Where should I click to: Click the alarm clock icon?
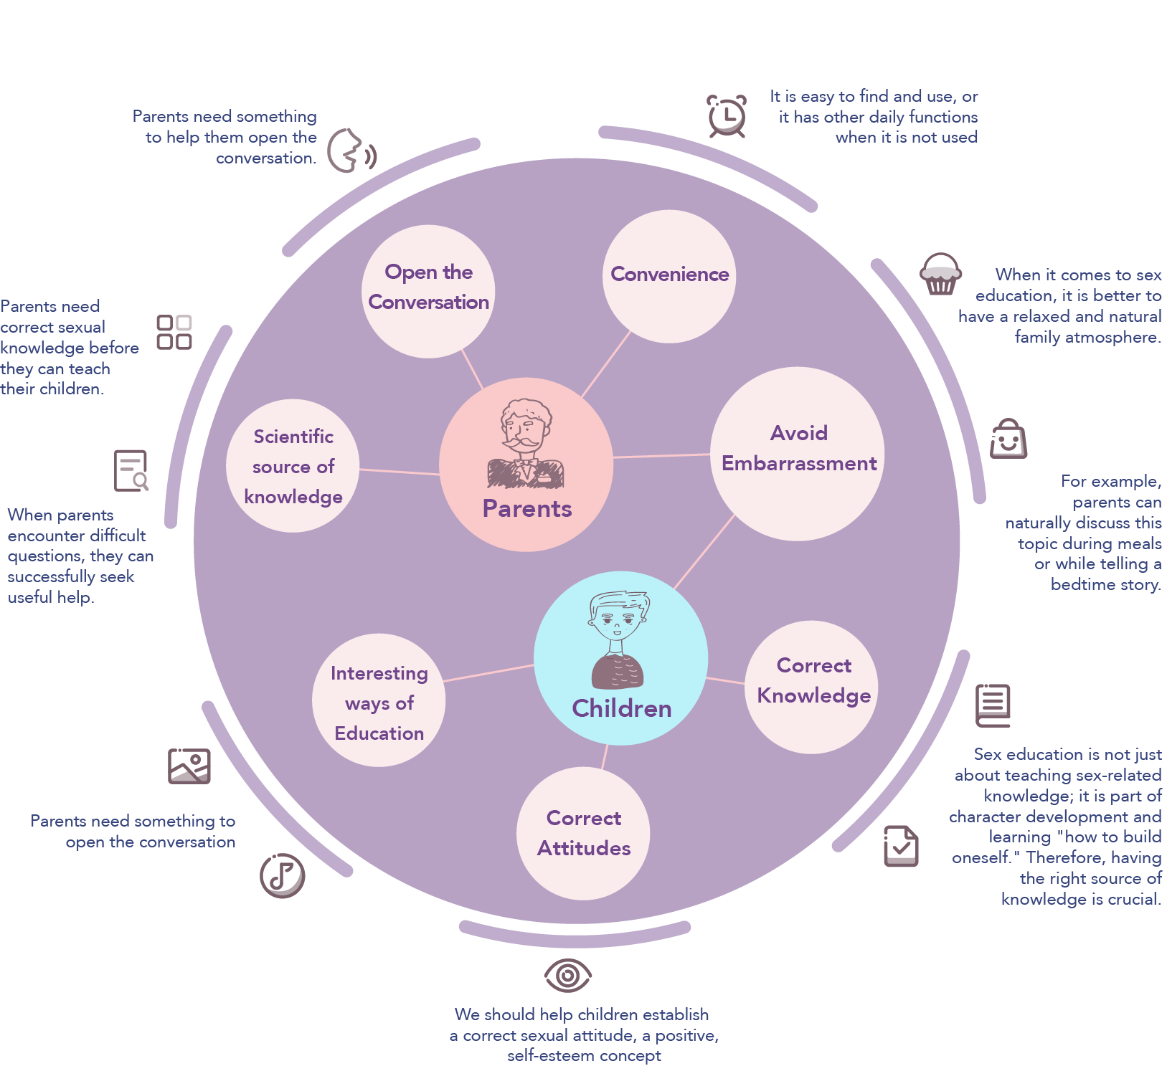(727, 116)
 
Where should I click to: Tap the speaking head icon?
(351, 151)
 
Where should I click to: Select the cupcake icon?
(940, 275)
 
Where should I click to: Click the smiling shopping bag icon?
(1008, 439)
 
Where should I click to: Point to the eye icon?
(567, 975)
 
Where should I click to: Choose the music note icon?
(283, 875)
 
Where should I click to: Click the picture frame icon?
(189, 766)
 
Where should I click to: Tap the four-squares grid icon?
(174, 333)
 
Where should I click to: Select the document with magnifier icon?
(131, 470)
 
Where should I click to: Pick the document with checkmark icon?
(901, 846)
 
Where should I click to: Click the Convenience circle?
(669, 276)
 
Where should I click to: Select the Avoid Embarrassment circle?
(798, 453)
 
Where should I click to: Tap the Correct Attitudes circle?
(583, 833)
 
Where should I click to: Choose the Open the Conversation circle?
(428, 290)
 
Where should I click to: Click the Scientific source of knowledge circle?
(293, 466)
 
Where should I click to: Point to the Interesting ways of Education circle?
(379, 700)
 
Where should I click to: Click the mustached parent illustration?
(526, 444)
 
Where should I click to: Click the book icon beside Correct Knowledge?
(993, 705)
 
